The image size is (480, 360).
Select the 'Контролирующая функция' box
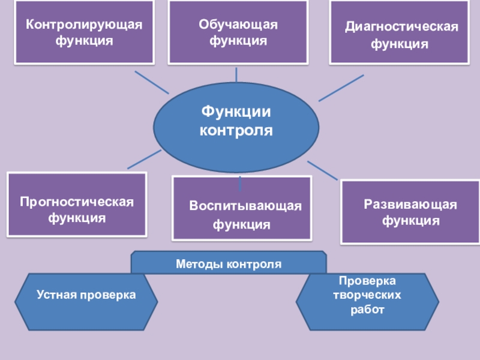[84, 32]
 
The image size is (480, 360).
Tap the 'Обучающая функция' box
[238, 32]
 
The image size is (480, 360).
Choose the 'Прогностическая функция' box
[77, 204]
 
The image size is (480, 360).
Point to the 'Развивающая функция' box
[410, 212]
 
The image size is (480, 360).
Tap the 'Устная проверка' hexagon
[86, 295]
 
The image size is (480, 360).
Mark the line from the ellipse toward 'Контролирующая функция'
[151, 82]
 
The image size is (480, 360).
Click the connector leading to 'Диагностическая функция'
[341, 88]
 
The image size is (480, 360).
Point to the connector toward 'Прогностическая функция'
[144, 159]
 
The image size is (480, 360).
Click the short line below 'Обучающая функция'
[237, 74]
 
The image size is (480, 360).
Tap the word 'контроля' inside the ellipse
[236, 130]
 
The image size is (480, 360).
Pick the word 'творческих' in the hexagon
[367, 295]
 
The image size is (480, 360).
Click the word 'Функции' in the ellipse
[236, 112]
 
